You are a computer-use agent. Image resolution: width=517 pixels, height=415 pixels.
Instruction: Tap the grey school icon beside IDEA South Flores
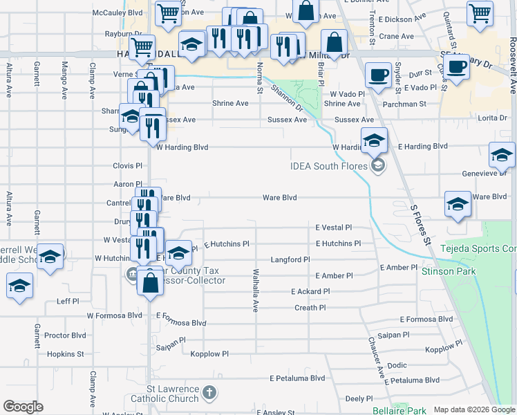click(377, 165)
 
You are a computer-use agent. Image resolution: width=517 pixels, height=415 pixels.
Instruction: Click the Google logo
click(23, 407)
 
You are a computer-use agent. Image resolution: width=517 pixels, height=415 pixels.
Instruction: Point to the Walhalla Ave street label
click(255, 290)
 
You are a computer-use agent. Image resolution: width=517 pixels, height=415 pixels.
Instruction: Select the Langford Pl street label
click(290, 259)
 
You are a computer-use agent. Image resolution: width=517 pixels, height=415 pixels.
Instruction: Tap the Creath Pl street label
click(310, 308)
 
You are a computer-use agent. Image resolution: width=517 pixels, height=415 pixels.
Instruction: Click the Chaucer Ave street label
click(375, 358)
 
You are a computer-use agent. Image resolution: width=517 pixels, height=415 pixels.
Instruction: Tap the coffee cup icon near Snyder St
click(377, 74)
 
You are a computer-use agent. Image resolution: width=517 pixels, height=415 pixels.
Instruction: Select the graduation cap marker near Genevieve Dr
click(501, 155)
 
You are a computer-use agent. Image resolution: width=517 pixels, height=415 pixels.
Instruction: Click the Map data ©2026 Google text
click(474, 410)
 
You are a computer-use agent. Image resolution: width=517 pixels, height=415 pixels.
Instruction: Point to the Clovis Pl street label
click(127, 166)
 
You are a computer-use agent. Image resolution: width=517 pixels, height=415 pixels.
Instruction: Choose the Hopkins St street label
click(66, 353)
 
